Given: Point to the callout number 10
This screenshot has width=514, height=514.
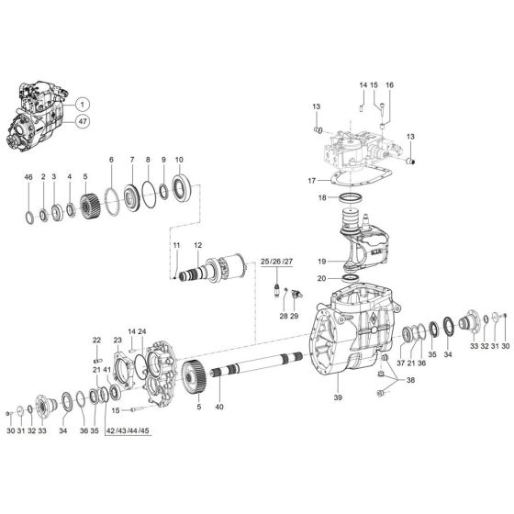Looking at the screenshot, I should tap(179, 159).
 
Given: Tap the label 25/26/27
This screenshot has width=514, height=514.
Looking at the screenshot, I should tap(276, 262).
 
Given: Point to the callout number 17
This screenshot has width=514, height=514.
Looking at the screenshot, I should tap(312, 180).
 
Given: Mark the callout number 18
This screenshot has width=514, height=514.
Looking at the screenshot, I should tap(322, 197).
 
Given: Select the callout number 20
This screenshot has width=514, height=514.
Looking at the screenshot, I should tap(322, 277).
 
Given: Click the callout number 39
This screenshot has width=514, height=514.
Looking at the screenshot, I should tap(337, 398).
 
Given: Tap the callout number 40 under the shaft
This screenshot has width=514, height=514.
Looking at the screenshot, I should tap(218, 407).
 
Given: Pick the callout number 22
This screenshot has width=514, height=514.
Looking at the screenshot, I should tap(95, 341).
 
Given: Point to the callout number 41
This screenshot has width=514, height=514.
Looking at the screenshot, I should tap(107, 370).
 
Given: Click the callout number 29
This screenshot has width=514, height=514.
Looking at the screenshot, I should tap(295, 316).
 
